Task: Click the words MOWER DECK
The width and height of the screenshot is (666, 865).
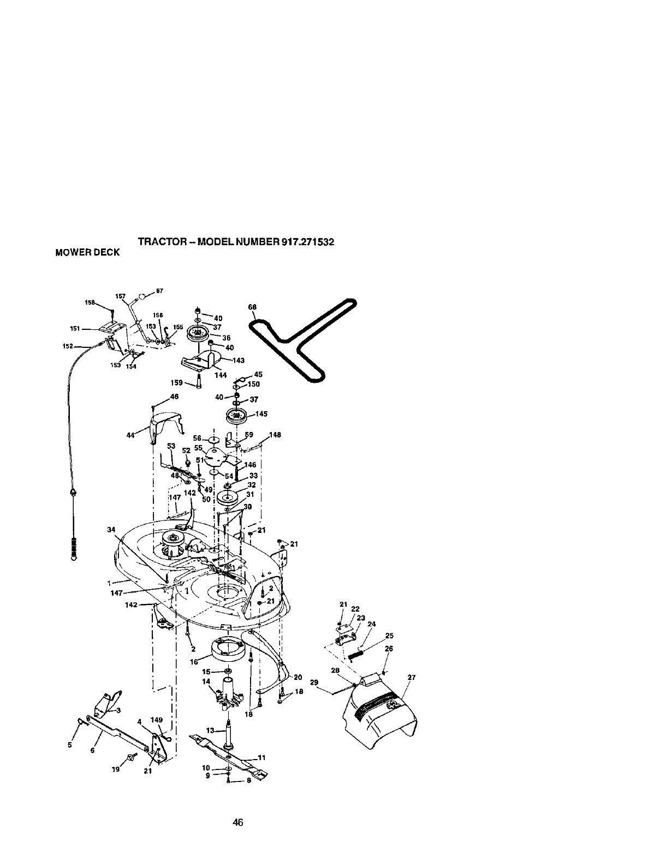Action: [x=87, y=252]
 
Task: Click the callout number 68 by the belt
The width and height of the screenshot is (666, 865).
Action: [x=252, y=307]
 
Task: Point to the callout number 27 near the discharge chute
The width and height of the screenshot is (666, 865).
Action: [x=412, y=678]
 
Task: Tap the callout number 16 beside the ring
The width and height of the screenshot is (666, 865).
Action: [x=193, y=661]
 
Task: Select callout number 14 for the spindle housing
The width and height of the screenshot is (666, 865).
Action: [x=206, y=682]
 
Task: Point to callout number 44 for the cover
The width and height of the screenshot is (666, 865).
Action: [x=130, y=435]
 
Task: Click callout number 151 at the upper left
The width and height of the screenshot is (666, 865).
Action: [x=75, y=328]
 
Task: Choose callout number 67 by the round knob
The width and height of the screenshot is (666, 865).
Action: [x=160, y=291]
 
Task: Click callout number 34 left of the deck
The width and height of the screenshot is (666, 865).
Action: [x=111, y=529]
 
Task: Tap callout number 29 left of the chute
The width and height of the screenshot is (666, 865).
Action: [x=314, y=682]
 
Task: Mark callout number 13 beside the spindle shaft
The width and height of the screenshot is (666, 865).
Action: [x=210, y=730]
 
